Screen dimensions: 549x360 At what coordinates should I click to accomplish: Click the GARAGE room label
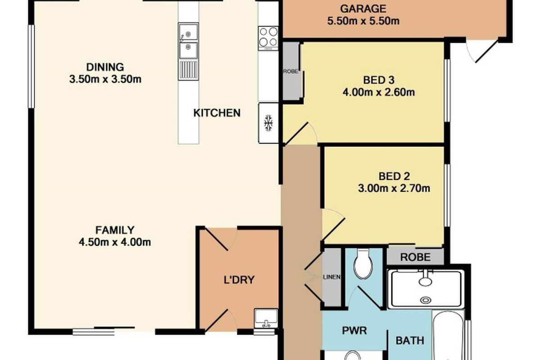(x=363, y=9)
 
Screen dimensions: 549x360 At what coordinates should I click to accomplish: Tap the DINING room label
(x=105, y=67)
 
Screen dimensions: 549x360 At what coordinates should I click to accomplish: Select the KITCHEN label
(x=217, y=113)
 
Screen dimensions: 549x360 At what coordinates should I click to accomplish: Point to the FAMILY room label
(x=115, y=230)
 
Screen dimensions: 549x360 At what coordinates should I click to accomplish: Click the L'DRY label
(x=239, y=279)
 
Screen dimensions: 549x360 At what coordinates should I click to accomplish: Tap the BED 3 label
(x=379, y=80)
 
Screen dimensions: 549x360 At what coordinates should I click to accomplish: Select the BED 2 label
(x=394, y=176)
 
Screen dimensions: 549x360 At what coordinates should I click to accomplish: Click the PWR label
(x=354, y=331)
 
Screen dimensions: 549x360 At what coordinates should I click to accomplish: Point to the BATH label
(x=410, y=340)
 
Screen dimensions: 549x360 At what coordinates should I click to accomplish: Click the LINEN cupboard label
(x=331, y=277)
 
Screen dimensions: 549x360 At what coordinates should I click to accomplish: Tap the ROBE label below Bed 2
(x=415, y=257)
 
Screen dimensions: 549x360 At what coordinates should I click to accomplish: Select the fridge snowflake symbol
(x=268, y=122)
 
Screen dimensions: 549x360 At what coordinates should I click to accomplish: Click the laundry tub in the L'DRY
(x=266, y=318)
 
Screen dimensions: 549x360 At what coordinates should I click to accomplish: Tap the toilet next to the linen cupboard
(x=363, y=264)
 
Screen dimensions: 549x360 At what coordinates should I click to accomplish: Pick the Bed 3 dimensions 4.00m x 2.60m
(x=379, y=92)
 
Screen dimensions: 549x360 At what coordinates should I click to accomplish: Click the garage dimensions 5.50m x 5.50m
(x=363, y=21)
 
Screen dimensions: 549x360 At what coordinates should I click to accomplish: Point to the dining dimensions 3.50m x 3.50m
(x=105, y=79)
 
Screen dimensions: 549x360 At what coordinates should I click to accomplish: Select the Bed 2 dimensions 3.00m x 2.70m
(x=394, y=189)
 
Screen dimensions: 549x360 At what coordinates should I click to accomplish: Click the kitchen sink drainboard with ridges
(x=188, y=70)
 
